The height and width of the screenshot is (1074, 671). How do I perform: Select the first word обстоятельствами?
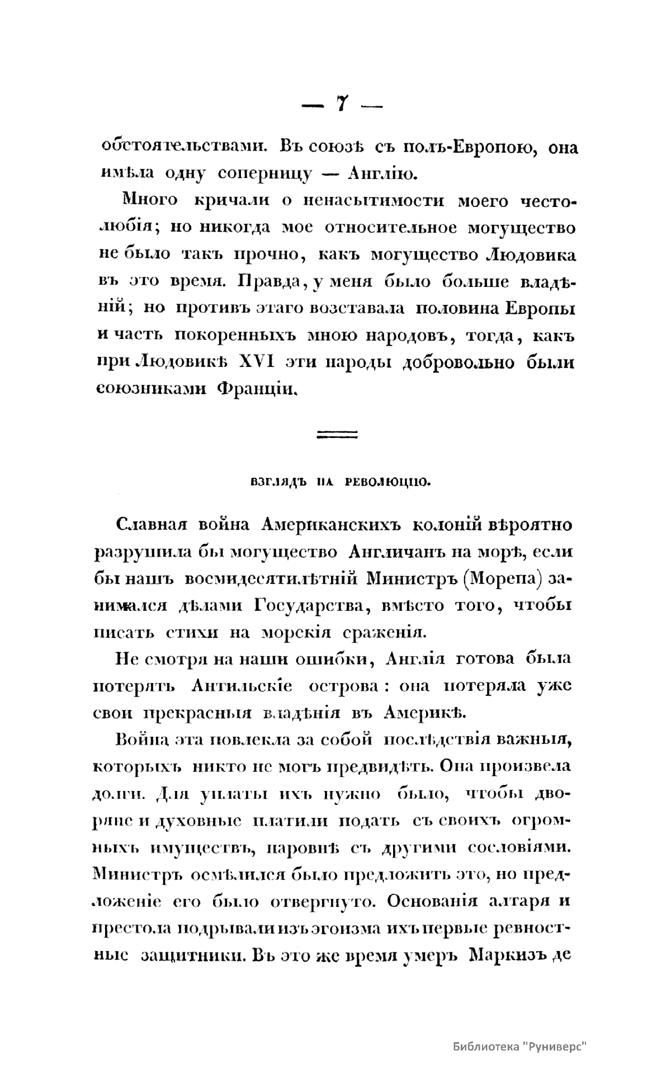(x=178, y=147)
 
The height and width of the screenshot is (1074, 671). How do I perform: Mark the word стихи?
(x=191, y=632)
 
